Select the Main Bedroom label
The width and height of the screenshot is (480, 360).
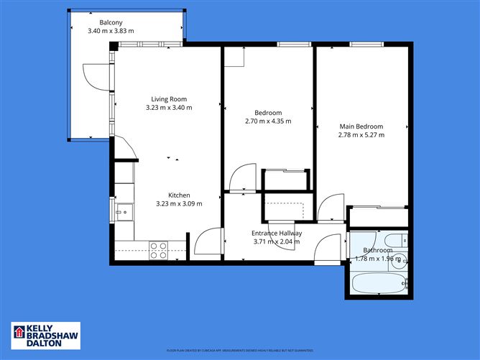361,126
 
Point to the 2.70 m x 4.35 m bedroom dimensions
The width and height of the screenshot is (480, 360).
267,121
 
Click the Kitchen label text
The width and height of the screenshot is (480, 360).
179,195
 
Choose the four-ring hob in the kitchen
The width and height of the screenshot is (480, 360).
158,250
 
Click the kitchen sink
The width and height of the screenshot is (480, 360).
124,212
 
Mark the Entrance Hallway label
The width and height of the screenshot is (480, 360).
276,233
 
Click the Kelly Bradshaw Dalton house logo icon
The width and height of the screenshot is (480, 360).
19,333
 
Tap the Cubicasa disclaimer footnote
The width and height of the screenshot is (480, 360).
239,350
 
